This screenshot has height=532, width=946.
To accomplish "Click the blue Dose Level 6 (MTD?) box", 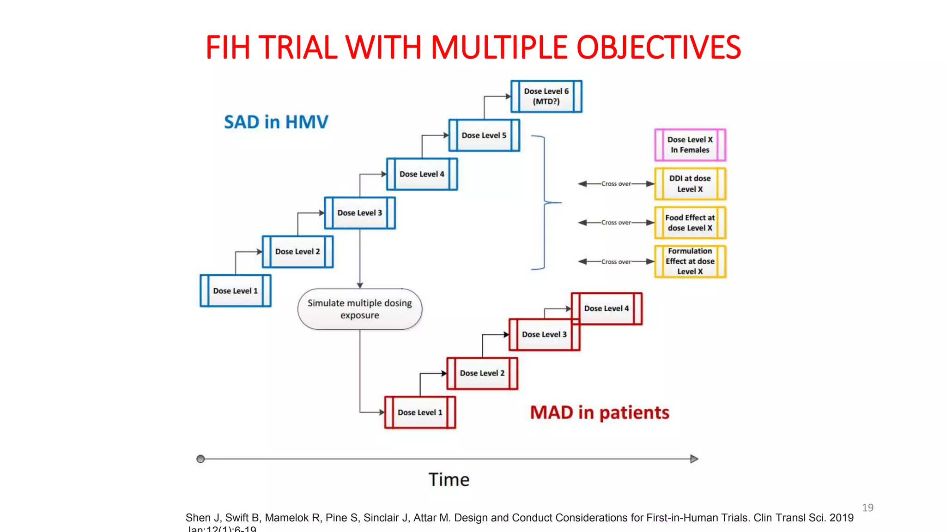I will pos(546,97).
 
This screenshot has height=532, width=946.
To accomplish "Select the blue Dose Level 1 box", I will pos(235,290).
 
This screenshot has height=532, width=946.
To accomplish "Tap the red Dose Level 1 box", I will pos(420,412).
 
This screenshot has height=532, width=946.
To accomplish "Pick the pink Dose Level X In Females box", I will pos(690,145).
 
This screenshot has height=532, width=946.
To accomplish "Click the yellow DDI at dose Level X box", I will pos(690,184).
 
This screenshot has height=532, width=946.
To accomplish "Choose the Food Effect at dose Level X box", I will pos(690,223).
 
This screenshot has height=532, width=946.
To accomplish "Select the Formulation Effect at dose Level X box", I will pos(690,261).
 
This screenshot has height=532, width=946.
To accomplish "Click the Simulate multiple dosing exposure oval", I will pos(360,309).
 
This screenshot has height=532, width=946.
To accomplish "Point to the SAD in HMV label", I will pos(276,122).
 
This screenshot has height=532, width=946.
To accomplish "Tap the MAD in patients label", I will pos(599,412).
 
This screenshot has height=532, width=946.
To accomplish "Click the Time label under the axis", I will pos(449,480).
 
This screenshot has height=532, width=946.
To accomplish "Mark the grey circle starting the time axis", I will pos(200,459).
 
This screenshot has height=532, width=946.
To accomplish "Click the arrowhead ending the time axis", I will pos(694,459).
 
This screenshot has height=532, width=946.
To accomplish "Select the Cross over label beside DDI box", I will pos(616,184).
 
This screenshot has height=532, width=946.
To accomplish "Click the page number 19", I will pos(867,508).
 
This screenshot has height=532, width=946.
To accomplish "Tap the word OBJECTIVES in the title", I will pos(658,48).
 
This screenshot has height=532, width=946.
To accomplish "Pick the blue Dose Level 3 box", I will pos(359,213).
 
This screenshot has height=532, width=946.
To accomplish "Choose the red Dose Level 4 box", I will pos(606,308).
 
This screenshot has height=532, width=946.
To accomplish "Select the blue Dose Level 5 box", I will pos(484,135).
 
